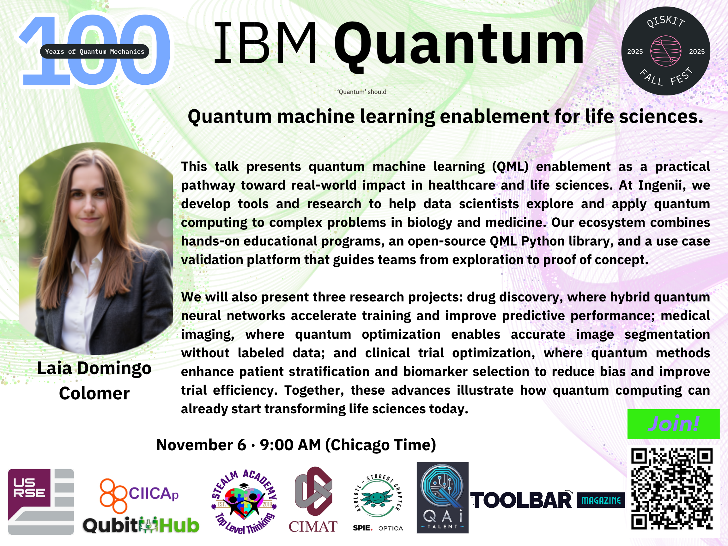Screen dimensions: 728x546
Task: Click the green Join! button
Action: [x=673, y=424]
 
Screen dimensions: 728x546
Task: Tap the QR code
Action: [x=672, y=489]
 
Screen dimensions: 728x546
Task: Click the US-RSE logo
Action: [x=41, y=501]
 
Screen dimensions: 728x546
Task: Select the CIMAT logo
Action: [x=313, y=500]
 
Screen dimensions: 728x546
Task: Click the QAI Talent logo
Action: [x=442, y=498]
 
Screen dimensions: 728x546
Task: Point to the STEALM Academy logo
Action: [x=244, y=501]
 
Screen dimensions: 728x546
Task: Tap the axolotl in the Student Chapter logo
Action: [x=377, y=497]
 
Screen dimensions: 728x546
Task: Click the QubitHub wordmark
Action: [x=141, y=525]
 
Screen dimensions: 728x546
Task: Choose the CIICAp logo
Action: [x=139, y=495]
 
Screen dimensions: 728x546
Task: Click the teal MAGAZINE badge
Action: [x=601, y=500]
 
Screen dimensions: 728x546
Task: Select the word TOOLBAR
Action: [x=521, y=500]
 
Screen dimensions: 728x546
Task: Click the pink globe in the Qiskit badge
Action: [x=665, y=51]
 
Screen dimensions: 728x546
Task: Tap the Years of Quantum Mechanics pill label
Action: [x=94, y=51]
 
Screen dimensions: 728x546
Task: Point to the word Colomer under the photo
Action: [x=94, y=393]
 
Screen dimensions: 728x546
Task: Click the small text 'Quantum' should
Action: [x=362, y=92]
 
